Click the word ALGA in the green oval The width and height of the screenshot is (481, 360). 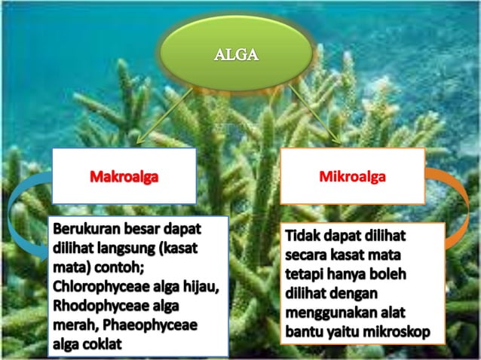tap(236, 54)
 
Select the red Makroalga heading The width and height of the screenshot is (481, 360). tap(124, 177)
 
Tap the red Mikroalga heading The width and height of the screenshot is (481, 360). tap(352, 177)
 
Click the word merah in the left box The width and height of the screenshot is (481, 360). tap(72, 325)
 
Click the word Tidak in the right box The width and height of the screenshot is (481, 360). tap(305, 236)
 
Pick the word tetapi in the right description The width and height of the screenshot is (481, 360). tap(306, 273)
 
